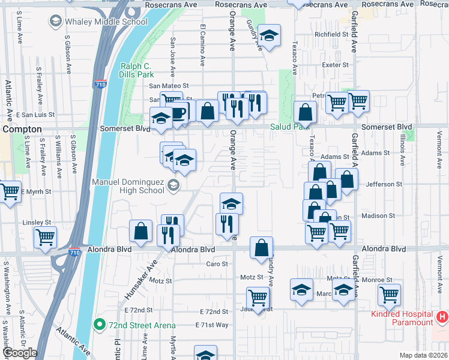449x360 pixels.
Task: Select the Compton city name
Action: pos(22,129)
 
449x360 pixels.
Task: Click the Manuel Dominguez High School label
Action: pos(128,185)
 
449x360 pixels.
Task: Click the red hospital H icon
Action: pos(442,316)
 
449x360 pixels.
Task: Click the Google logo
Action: pos(20,353)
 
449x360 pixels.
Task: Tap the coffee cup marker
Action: pos(178,113)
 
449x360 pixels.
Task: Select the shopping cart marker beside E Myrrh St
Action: pos(10,192)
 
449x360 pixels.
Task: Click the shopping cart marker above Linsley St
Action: pos(45,237)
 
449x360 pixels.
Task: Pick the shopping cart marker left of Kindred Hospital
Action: pos(389,295)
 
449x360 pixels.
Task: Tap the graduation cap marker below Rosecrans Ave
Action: pos(270,35)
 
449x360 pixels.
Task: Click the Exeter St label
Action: pos(336,65)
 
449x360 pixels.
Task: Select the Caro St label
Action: pos(217,264)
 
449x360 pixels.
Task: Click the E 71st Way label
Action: pos(212,325)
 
